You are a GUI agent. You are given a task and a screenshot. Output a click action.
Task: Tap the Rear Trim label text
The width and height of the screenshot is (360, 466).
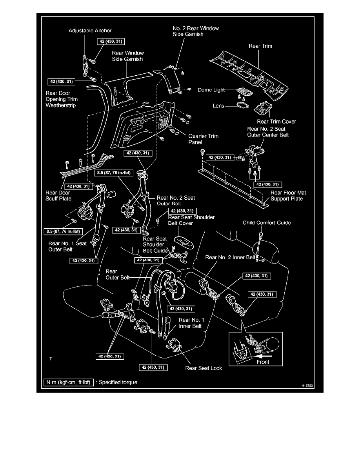(260, 46)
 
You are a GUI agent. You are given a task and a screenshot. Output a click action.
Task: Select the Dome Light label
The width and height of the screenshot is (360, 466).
(211, 90)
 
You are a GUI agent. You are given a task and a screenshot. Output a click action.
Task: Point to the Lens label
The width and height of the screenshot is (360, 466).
(218, 106)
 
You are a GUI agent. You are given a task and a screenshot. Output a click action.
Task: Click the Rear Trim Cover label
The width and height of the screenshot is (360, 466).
(276, 122)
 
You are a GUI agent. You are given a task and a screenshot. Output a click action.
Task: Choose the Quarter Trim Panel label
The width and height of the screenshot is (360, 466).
(204, 139)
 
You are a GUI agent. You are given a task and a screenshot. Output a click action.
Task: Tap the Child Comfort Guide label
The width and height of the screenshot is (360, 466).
(267, 223)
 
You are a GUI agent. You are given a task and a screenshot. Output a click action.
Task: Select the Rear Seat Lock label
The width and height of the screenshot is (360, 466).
(204, 368)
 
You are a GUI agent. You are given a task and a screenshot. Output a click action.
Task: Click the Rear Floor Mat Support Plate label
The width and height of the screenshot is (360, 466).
(288, 196)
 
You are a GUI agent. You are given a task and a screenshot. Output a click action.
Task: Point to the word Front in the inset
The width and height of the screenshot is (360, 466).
(263, 362)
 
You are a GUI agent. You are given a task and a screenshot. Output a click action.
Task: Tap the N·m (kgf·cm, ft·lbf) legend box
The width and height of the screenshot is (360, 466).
(69, 382)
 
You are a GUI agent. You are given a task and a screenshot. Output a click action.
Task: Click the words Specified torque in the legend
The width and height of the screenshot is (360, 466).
(118, 382)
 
